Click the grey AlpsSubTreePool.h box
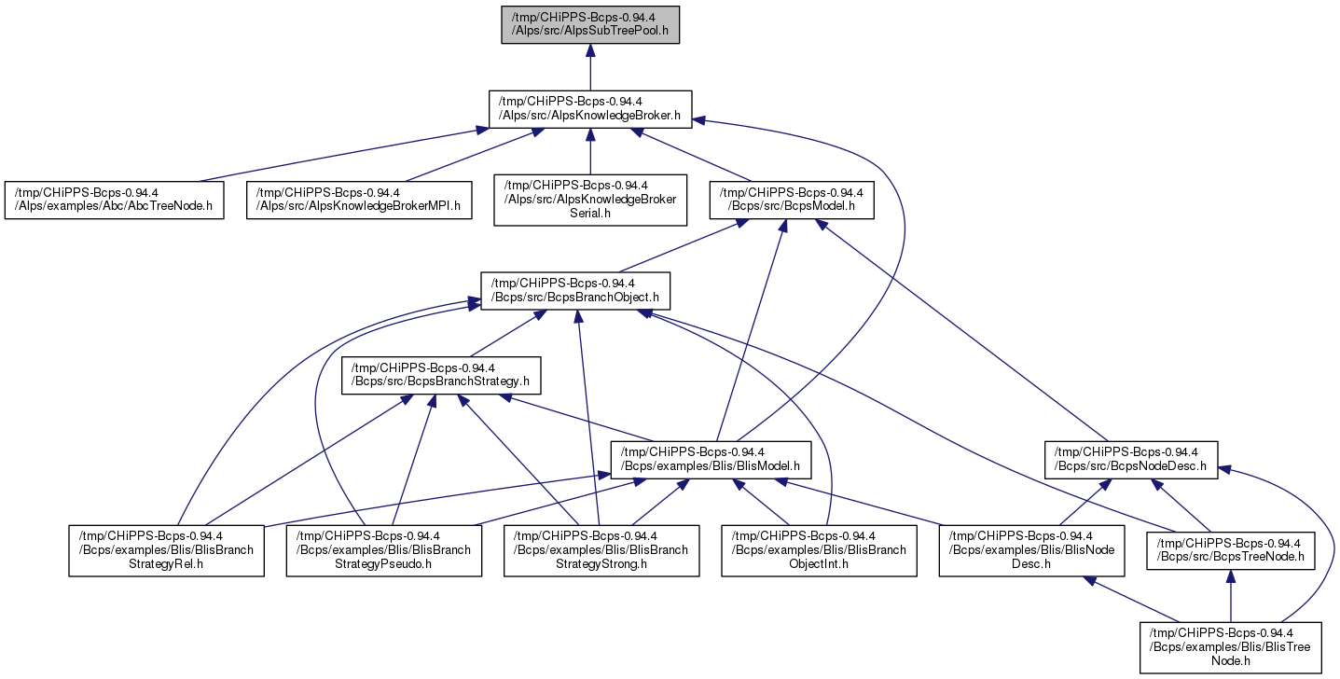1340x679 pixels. (x=590, y=24)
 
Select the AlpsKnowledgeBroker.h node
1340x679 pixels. (x=590, y=109)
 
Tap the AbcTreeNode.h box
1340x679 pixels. (x=115, y=200)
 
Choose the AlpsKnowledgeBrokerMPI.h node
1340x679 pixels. (x=359, y=200)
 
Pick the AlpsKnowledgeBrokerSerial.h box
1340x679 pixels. (x=590, y=200)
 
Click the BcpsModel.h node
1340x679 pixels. (x=792, y=200)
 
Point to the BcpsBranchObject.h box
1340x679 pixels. (x=575, y=291)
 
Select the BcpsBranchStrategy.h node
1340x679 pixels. (x=441, y=375)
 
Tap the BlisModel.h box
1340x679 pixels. (x=711, y=460)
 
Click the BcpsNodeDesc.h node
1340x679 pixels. (x=1130, y=460)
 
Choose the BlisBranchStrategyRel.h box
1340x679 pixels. (x=166, y=550)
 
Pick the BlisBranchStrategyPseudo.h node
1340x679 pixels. (x=383, y=550)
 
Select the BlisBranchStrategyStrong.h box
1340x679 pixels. (x=601, y=550)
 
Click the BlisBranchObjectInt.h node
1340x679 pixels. (x=819, y=550)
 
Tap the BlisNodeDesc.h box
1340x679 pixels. (x=1031, y=550)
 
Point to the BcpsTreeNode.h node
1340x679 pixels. (x=1231, y=550)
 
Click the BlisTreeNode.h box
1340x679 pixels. (x=1231, y=647)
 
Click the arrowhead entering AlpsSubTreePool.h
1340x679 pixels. (x=590, y=51)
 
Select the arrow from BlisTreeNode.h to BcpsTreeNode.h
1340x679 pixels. (x=1231, y=596)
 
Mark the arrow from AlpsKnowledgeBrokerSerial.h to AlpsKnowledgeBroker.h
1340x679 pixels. (x=590, y=151)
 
